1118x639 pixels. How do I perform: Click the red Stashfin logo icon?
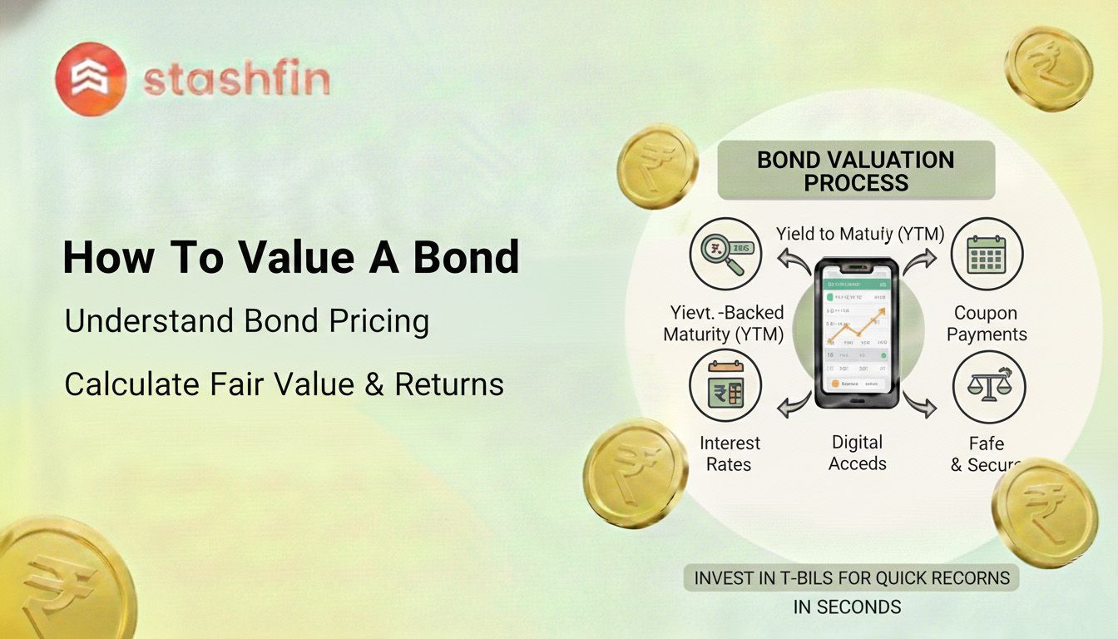click(x=91, y=79)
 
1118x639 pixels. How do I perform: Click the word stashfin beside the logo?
click(x=236, y=81)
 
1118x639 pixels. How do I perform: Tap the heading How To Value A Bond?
click(x=291, y=257)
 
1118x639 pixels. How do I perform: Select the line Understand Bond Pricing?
click(x=247, y=322)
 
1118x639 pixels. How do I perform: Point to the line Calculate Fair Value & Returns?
click(x=284, y=384)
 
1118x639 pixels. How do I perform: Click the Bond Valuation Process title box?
click(x=855, y=171)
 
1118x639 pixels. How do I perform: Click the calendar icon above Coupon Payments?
click(x=987, y=254)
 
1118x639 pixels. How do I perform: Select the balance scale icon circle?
click(x=988, y=387)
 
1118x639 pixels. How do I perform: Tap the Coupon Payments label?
click(x=987, y=324)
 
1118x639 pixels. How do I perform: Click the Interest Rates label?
click(x=730, y=453)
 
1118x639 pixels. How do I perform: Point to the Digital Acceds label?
click(x=857, y=453)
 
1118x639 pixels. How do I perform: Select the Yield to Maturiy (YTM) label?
click(x=859, y=235)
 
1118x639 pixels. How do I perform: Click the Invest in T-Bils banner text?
click(x=852, y=577)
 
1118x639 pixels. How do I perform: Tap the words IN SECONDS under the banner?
click(x=847, y=607)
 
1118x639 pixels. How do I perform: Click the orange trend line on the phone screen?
click(x=857, y=329)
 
